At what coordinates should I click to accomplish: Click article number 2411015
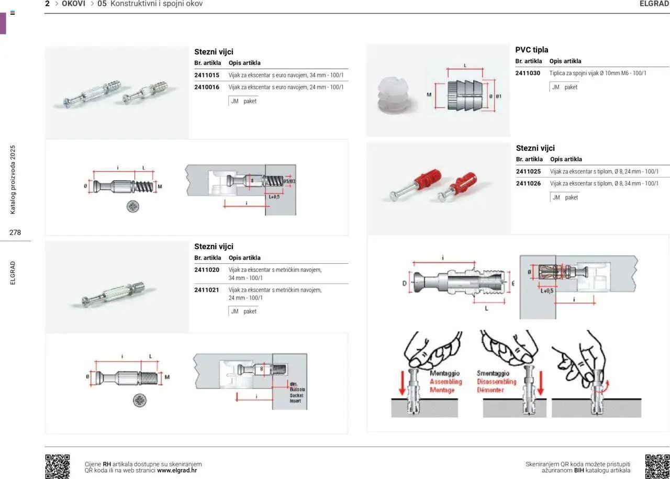(x=206, y=75)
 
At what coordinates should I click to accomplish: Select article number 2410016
(x=206, y=87)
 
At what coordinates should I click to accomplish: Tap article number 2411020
(x=206, y=270)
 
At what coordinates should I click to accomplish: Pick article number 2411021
(x=206, y=289)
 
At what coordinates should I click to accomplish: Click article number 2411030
(x=528, y=73)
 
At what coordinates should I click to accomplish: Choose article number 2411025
(x=528, y=171)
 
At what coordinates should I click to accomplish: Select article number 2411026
(x=528, y=183)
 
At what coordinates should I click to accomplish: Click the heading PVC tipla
(x=532, y=50)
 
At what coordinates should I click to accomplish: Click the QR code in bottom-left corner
(x=58, y=466)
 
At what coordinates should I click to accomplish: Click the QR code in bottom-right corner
(x=657, y=466)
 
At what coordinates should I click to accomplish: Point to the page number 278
(x=15, y=232)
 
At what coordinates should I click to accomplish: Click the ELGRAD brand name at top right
(x=654, y=4)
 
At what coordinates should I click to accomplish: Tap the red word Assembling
(x=445, y=382)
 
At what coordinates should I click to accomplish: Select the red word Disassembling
(x=496, y=382)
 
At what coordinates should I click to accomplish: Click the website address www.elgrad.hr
(x=177, y=470)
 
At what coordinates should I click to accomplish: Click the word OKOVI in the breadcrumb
(x=73, y=4)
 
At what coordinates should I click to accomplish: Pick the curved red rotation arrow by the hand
(x=606, y=387)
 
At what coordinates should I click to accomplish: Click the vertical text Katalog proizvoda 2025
(x=14, y=180)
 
